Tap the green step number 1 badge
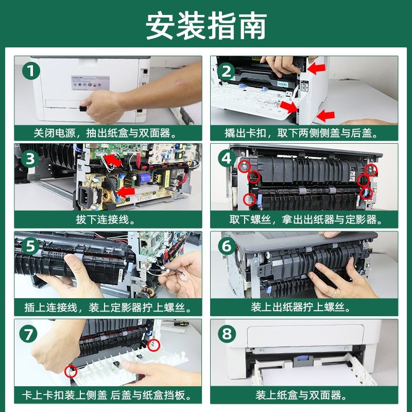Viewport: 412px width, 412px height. click(x=31, y=72)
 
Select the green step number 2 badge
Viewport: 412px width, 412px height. click(x=227, y=72)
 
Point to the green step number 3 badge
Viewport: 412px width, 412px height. click(x=30, y=159)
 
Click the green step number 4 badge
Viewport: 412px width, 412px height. click(x=227, y=159)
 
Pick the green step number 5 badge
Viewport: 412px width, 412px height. click(x=30, y=246)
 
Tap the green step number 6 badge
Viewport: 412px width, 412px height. click(x=227, y=246)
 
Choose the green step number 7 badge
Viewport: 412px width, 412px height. click(x=28, y=334)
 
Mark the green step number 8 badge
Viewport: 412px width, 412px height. click(x=227, y=334)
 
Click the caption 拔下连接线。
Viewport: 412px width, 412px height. click(x=106, y=220)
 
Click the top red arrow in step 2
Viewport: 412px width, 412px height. click(x=316, y=68)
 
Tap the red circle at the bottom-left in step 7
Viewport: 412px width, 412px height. click(x=71, y=371)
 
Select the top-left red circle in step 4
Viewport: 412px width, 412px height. click(x=244, y=166)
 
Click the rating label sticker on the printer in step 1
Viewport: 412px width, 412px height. click(x=91, y=83)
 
